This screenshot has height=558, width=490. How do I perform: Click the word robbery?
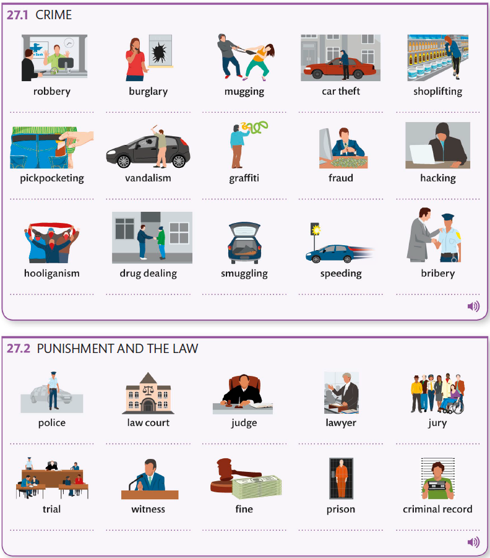pos(52,92)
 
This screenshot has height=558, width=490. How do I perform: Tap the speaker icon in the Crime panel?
pos(473,306)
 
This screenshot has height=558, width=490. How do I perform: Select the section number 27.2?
pos(19,349)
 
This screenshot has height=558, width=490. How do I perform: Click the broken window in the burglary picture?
pos(161,51)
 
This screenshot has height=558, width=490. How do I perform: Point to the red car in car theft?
pos(338,69)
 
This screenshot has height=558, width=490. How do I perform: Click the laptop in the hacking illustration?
pos(424,154)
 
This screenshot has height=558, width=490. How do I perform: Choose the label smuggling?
pos(244,274)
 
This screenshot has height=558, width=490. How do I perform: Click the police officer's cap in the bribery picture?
pos(448,216)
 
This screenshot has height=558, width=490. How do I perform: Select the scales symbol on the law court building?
pos(148,390)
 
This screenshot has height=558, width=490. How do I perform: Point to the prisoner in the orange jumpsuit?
pos(341,478)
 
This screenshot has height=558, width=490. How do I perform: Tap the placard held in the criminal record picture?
pos(438,485)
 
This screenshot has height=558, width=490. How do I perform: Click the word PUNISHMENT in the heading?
pos(75,349)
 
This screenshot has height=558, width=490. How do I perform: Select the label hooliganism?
pos(52,273)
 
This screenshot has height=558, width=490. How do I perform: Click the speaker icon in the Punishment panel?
pos(473,542)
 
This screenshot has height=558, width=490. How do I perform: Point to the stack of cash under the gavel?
pos(256,487)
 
